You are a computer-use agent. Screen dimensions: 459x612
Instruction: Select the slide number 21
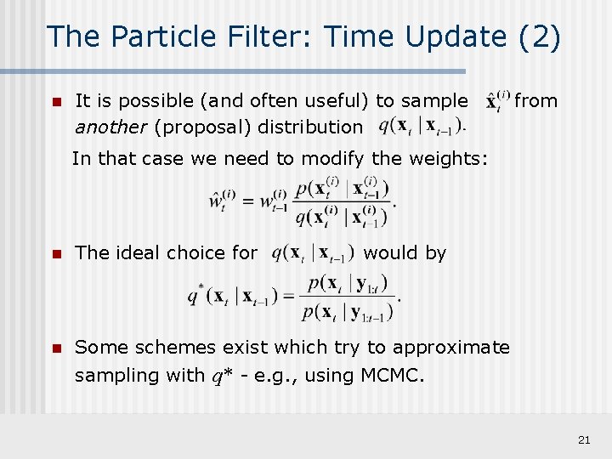(x=583, y=439)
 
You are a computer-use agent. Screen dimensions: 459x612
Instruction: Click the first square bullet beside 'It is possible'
(x=56, y=102)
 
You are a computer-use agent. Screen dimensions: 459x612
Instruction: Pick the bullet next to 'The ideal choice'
(x=56, y=253)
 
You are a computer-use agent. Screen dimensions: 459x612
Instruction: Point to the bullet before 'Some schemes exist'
(x=56, y=348)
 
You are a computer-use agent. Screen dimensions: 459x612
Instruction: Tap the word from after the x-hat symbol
(x=536, y=101)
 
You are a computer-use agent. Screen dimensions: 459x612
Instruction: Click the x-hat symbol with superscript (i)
(x=497, y=100)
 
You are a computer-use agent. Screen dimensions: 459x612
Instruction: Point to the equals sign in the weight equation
(x=250, y=202)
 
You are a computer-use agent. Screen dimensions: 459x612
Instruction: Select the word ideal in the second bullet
(x=136, y=253)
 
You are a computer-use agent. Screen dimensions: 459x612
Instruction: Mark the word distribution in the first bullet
(x=309, y=127)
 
